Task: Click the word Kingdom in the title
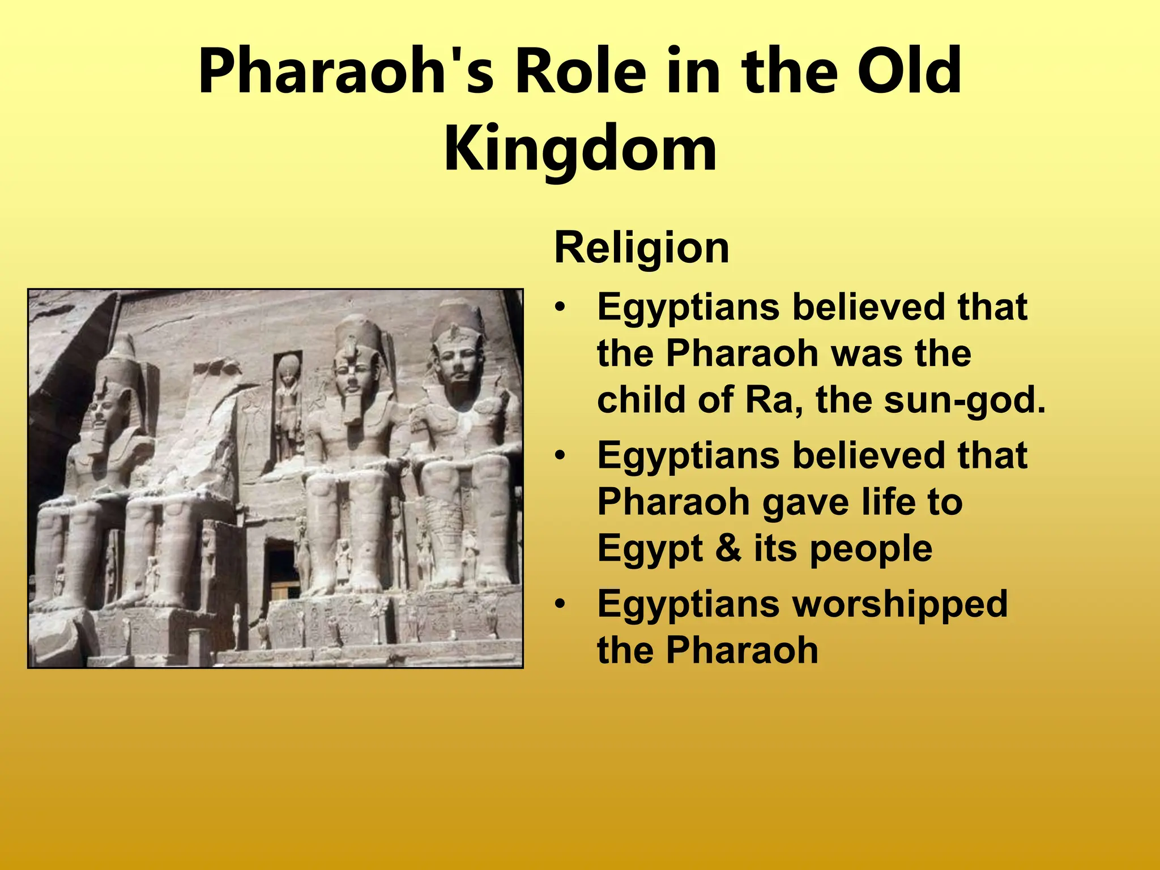pyautogui.click(x=580, y=150)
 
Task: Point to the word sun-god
pyautogui.click(x=963, y=400)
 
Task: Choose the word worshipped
pyautogui.click(x=899, y=604)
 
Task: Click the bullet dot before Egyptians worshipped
pyautogui.click(x=560, y=604)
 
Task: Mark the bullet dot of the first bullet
pyautogui.click(x=560, y=308)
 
